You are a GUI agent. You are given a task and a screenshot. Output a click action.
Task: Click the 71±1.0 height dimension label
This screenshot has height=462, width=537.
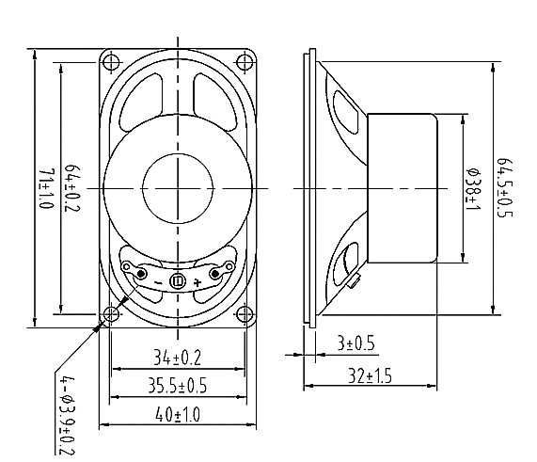pos(47,188)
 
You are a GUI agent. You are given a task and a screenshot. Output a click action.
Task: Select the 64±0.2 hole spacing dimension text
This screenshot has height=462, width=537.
pos(72,188)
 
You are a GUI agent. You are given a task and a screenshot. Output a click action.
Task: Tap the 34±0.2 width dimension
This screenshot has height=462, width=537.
pos(177,358)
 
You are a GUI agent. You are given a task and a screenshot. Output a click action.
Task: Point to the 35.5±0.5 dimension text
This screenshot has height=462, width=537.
pos(178,385)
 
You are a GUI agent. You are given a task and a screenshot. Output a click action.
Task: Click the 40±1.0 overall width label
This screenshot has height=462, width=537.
pos(178,415)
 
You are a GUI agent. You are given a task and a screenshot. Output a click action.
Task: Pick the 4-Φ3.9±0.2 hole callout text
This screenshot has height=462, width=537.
pos(67,416)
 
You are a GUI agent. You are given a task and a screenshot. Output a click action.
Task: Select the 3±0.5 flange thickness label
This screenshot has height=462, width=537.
pos(356,343)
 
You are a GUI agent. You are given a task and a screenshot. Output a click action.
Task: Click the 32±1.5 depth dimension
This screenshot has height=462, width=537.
pos(370,375)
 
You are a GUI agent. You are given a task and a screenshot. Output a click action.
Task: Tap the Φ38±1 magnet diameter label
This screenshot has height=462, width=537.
pos(475,189)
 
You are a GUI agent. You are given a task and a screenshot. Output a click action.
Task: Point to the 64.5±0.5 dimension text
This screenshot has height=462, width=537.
pos(505,187)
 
